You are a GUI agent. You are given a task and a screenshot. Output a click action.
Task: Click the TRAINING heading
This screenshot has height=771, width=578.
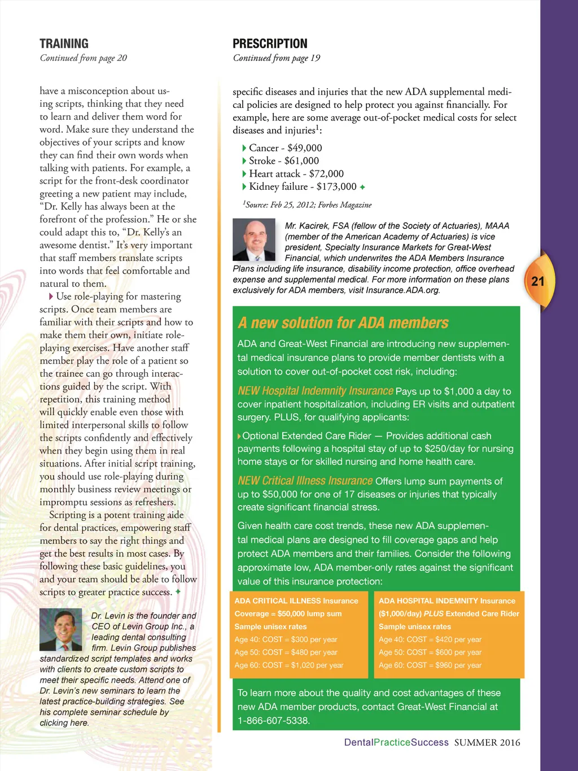click(64, 43)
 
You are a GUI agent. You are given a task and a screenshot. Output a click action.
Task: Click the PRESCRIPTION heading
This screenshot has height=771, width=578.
click(270, 43)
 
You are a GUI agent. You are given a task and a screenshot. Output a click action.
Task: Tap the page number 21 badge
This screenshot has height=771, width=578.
click(538, 281)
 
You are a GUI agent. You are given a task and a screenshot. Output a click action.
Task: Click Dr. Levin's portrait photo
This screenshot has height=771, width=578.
click(60, 629)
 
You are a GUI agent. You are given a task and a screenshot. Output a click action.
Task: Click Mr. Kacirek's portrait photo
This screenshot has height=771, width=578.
click(254, 239)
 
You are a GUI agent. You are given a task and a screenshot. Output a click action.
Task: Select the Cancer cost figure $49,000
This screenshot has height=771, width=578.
click(305, 148)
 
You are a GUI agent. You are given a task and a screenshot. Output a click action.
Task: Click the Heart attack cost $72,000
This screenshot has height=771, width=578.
click(326, 174)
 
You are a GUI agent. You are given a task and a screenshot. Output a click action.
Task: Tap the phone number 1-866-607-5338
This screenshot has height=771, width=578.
click(273, 721)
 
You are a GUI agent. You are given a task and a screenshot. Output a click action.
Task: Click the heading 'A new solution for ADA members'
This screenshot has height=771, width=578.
click(343, 323)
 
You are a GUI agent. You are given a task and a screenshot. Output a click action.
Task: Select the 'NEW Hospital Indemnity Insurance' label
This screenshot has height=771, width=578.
click(315, 391)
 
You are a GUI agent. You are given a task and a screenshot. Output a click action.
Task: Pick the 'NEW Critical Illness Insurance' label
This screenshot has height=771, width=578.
click(305, 481)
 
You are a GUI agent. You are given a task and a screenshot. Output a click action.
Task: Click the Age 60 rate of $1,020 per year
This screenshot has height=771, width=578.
click(317, 665)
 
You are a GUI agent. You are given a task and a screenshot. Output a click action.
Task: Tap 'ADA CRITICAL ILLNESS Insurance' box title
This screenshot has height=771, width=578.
click(296, 601)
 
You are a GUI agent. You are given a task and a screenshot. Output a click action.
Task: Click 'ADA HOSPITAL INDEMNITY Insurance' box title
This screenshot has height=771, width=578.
click(446, 601)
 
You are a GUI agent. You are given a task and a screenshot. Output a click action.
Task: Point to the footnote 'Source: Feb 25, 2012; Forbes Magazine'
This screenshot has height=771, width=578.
click(307, 205)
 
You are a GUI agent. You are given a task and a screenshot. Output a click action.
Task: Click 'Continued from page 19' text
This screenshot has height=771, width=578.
click(276, 58)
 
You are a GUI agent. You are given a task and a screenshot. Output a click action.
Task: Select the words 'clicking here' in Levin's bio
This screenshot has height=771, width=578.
click(64, 723)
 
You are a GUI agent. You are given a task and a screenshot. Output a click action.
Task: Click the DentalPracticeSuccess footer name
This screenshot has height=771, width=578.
click(396, 742)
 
